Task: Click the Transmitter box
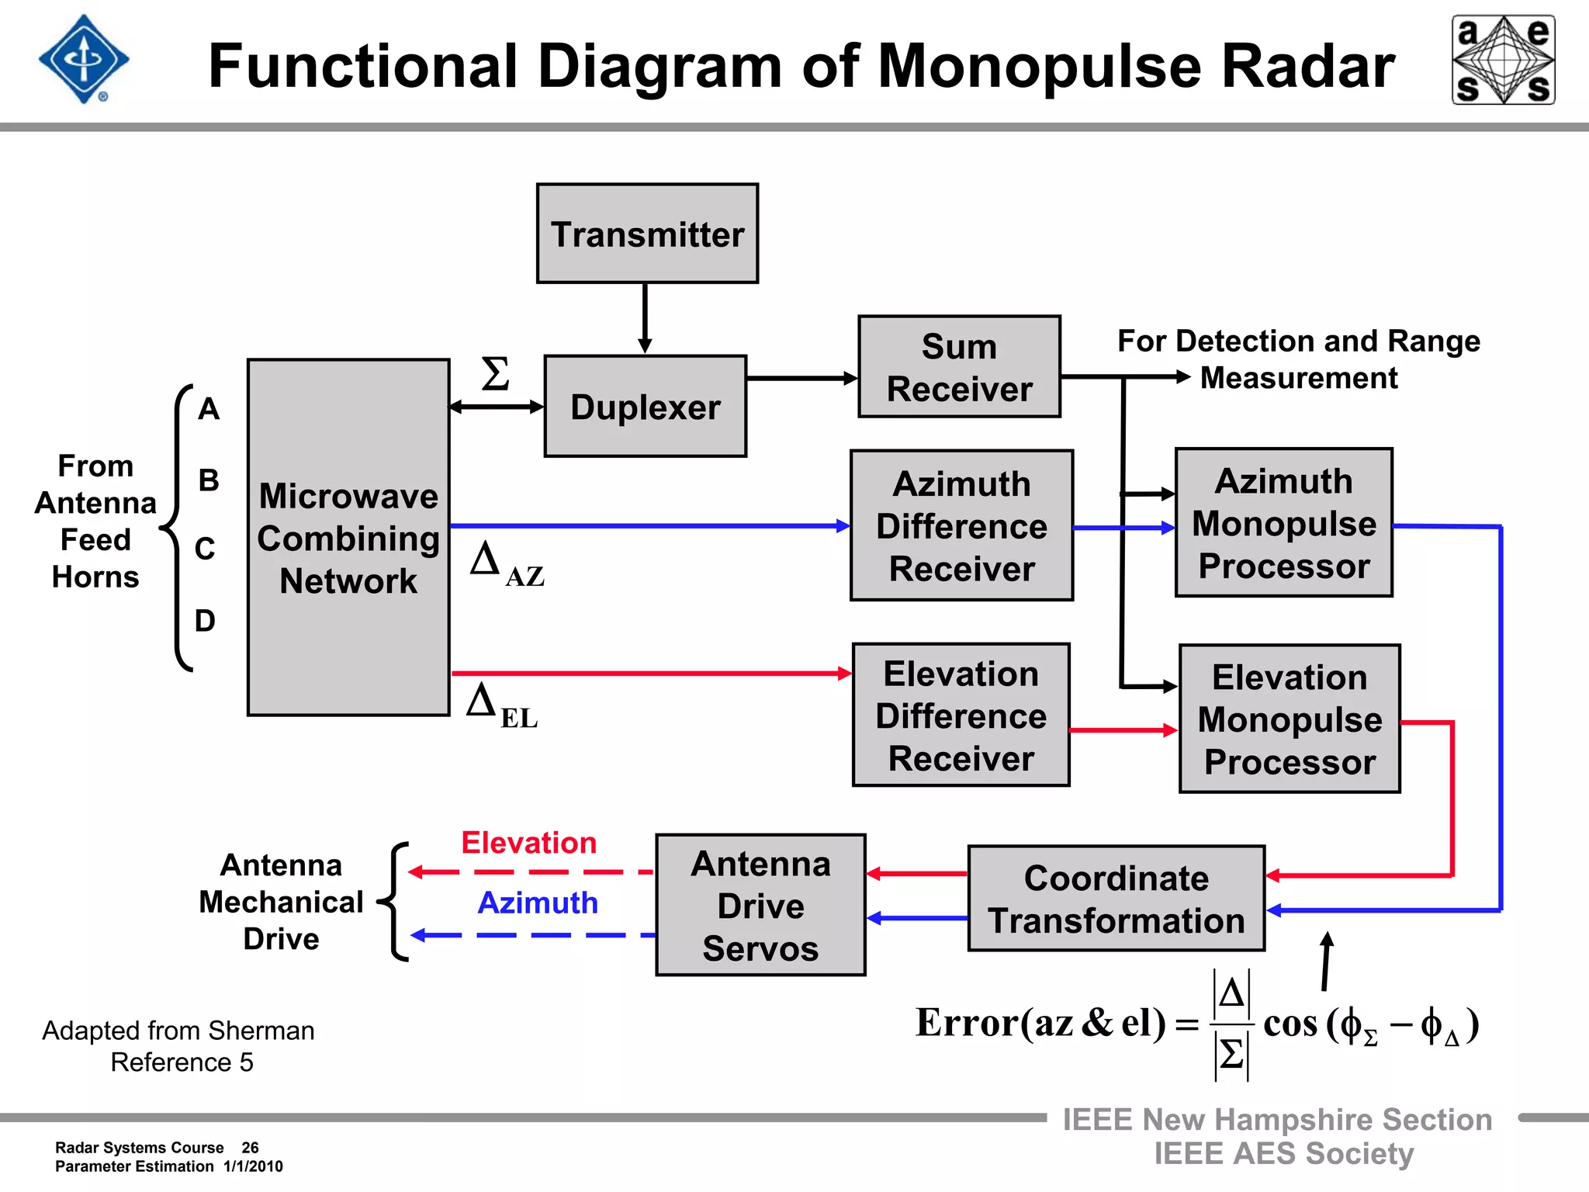(647, 234)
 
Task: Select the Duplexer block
(645, 407)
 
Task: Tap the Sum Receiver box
(959, 367)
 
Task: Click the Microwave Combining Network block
(348, 537)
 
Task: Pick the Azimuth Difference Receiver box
(961, 525)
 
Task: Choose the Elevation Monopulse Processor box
(1290, 719)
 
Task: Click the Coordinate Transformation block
(1116, 899)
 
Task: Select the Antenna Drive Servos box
(760, 905)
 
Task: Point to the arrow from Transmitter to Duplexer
(645, 318)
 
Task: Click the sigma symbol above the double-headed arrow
(495, 374)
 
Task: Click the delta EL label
(501, 706)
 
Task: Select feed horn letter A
(208, 409)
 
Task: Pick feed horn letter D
(205, 621)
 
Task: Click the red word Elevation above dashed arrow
(529, 843)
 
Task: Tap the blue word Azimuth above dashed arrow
(538, 903)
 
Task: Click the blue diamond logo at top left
(84, 60)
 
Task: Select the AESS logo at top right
(1503, 60)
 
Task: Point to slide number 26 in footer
(250, 1148)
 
